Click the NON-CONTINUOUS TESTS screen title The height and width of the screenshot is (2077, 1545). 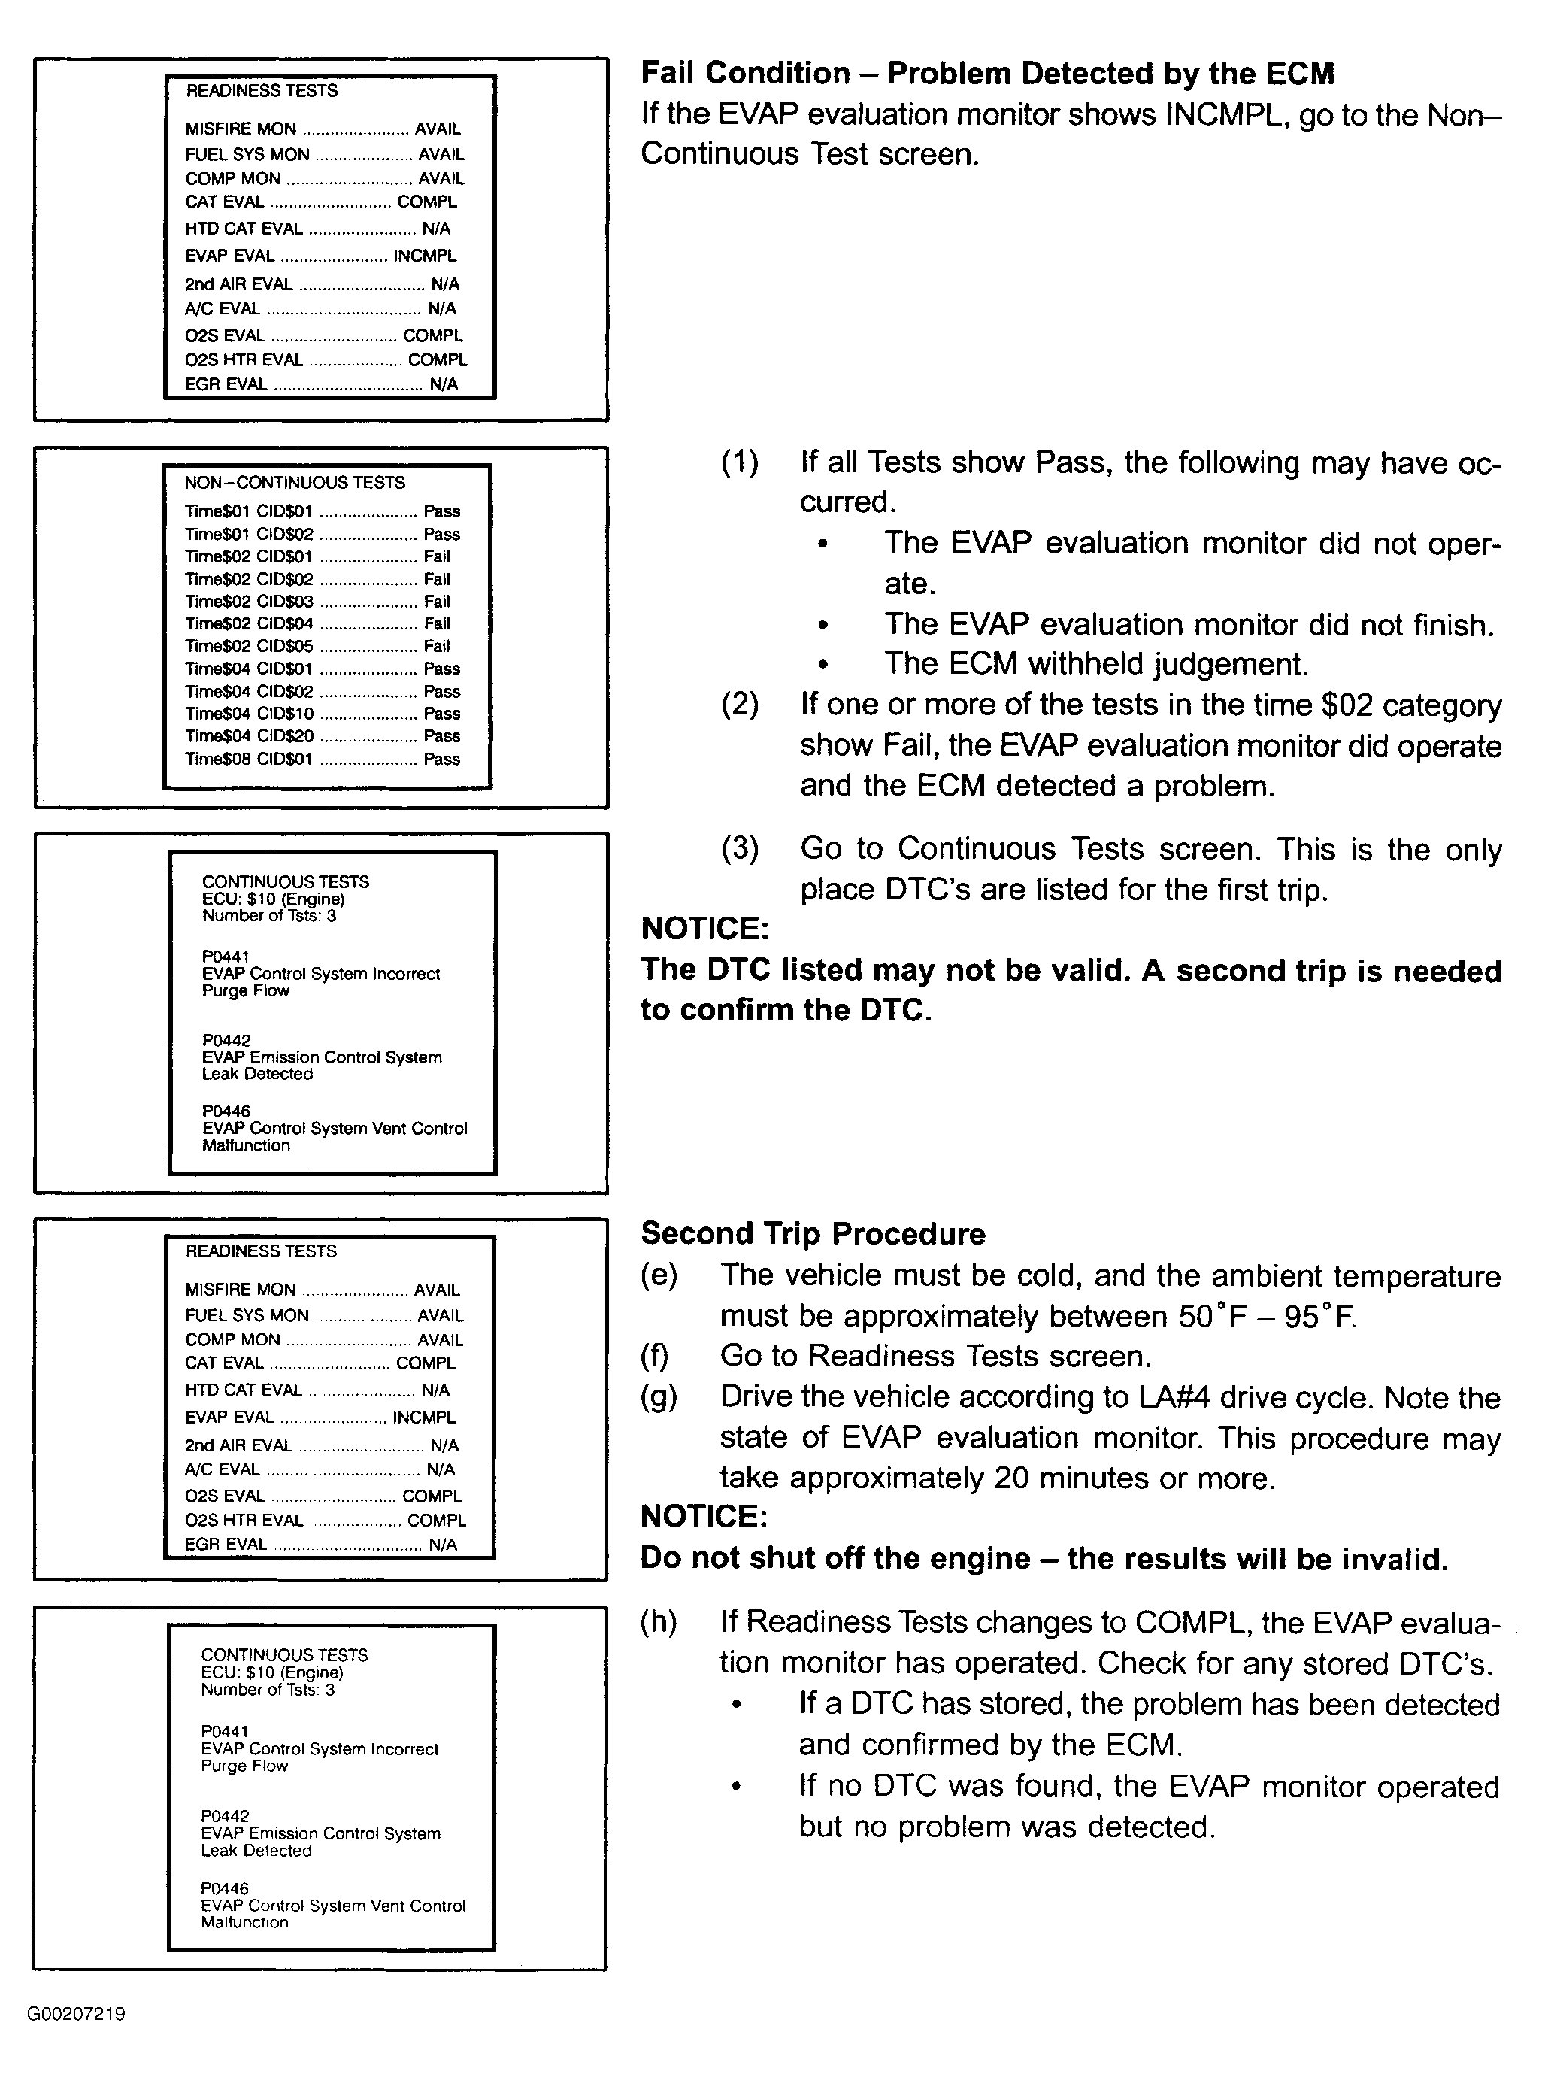pos(294,483)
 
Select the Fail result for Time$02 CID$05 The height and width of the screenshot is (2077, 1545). pos(437,646)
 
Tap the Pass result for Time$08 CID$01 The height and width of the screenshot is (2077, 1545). pos(441,760)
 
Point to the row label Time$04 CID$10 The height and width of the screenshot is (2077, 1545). pos(249,714)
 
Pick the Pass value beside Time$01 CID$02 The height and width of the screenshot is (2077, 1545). pos(441,534)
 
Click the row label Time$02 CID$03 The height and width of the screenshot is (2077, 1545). pos(249,602)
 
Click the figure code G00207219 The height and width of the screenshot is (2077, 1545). pos(77,2013)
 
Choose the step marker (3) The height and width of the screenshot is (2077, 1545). pos(739,848)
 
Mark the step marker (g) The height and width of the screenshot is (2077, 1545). pos(659,1397)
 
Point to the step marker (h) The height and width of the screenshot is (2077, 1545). pos(659,1621)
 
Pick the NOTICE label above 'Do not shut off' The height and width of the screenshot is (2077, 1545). pos(703,1516)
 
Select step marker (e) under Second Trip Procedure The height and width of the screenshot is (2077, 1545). pos(659,1275)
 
